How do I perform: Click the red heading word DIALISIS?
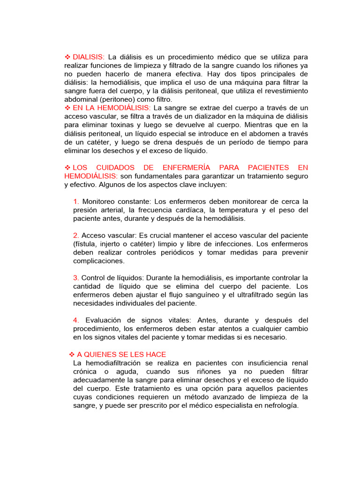pyautogui.click(x=89, y=57)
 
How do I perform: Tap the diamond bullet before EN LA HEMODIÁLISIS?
pyautogui.click(x=67, y=108)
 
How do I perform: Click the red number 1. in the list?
pyautogui.click(x=76, y=202)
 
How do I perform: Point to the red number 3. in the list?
pyautogui.click(x=76, y=278)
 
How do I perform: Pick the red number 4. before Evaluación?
pyautogui.click(x=76, y=320)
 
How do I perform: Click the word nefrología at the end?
pyautogui.click(x=280, y=405)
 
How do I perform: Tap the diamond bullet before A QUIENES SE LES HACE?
pyautogui.click(x=72, y=354)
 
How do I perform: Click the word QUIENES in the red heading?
pyautogui.click(x=102, y=354)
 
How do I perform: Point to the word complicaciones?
pyautogui.click(x=99, y=261)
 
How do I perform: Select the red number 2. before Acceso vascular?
pyautogui.click(x=76, y=235)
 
